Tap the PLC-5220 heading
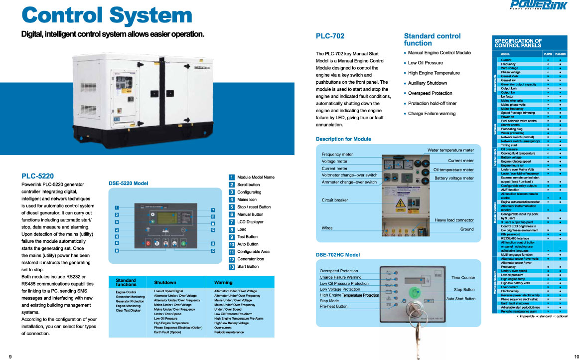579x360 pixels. click(x=38, y=176)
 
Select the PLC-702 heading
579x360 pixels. click(x=330, y=36)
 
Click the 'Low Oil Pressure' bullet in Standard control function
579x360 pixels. click(x=425, y=63)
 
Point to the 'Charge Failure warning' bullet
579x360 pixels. click(x=432, y=114)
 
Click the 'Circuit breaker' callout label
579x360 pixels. click(x=335, y=200)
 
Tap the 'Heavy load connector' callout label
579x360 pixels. click(x=454, y=220)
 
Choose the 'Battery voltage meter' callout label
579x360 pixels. click(x=454, y=178)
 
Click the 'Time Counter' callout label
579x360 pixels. click(x=463, y=278)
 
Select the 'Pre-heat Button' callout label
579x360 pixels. click(x=333, y=307)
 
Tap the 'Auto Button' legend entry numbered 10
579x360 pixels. click(x=248, y=244)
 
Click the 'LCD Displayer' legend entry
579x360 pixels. click(x=250, y=222)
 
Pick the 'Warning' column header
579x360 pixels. click(x=223, y=283)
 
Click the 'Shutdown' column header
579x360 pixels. click(x=165, y=283)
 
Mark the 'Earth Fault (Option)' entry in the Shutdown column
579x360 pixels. click(x=167, y=332)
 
